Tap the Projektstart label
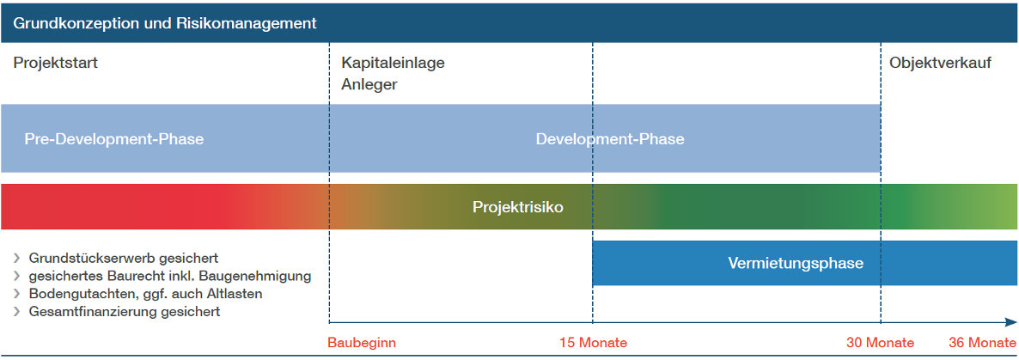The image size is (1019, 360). (55, 64)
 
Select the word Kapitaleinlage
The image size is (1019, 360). (394, 64)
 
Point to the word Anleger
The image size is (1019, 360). (369, 85)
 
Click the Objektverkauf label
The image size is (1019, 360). (940, 64)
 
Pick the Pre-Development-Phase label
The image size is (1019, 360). (114, 139)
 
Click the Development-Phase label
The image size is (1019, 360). (610, 139)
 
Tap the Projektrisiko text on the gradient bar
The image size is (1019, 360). (517, 207)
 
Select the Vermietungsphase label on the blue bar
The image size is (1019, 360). (796, 263)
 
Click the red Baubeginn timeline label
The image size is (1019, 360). (362, 343)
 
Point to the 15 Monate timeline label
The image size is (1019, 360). (594, 343)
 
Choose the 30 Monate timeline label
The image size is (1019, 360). (881, 343)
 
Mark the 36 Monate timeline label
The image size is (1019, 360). (983, 343)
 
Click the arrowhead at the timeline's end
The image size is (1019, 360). (1012, 322)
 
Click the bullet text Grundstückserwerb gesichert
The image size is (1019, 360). (124, 259)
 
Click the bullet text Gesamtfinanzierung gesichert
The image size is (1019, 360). (125, 311)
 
